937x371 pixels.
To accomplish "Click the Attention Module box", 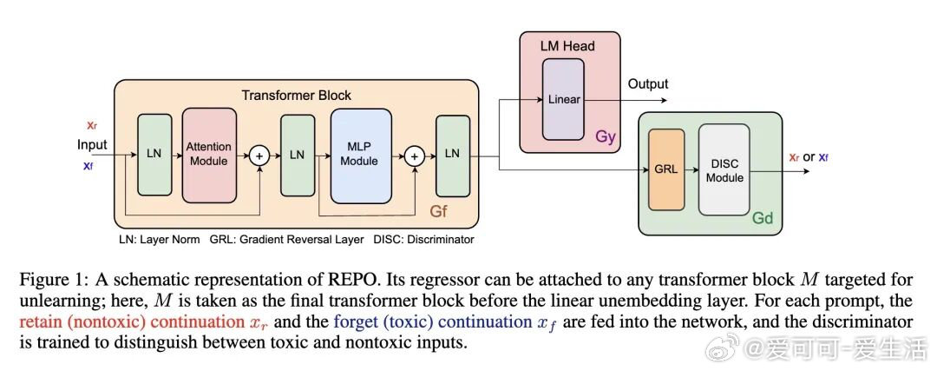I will click(x=209, y=155).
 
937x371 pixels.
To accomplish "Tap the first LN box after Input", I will click(x=155, y=155).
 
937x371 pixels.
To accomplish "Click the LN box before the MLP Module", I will click(x=298, y=155).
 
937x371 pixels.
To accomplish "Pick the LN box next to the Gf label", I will click(x=451, y=155).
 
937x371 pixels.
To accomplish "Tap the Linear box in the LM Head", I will click(x=564, y=100).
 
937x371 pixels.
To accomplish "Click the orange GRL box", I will click(x=666, y=171).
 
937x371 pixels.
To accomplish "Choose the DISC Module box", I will click(x=724, y=171).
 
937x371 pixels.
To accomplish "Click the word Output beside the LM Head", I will click(x=648, y=84).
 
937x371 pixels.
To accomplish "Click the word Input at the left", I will click(x=92, y=144).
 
